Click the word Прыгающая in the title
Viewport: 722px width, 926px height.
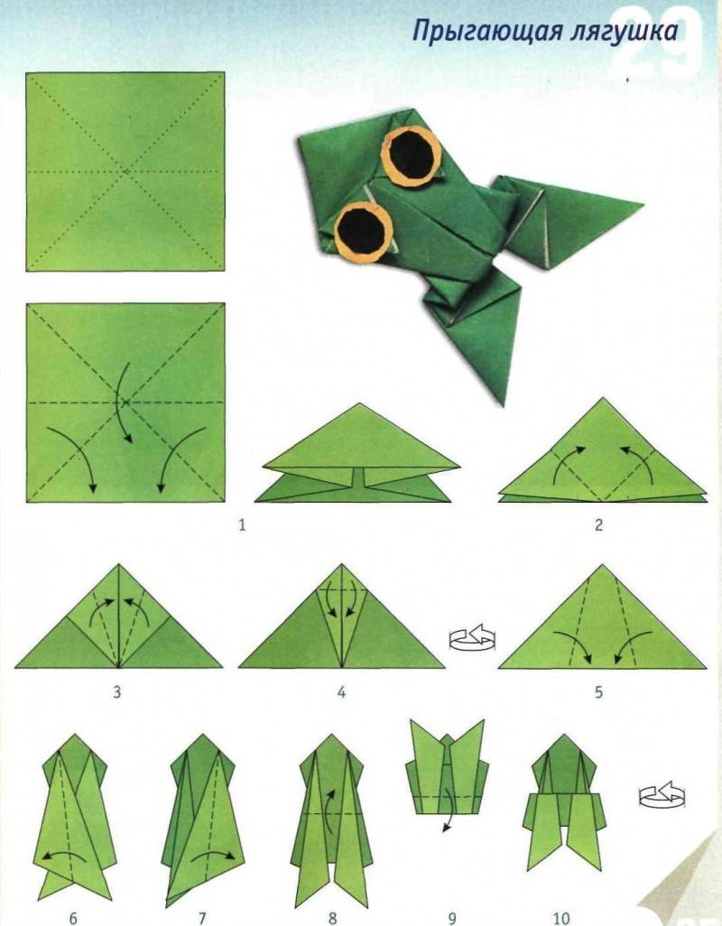pos(486,31)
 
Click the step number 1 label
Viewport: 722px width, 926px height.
pos(242,525)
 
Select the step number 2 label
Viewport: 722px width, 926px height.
pos(598,525)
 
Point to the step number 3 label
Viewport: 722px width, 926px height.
pos(117,691)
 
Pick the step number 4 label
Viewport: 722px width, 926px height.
pos(341,691)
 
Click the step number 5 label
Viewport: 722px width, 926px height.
pos(598,691)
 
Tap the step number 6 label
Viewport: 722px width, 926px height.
pos(73,918)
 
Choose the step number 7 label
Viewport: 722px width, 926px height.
pos(202,918)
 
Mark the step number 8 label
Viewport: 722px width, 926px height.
pos(333,918)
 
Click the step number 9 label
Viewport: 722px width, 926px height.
pos(452,918)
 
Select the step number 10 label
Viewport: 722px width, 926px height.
pos(561,918)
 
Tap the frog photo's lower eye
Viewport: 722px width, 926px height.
pos(364,231)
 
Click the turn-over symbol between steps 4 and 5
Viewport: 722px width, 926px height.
pos(472,638)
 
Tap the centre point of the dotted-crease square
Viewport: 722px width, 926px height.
pos(125,171)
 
